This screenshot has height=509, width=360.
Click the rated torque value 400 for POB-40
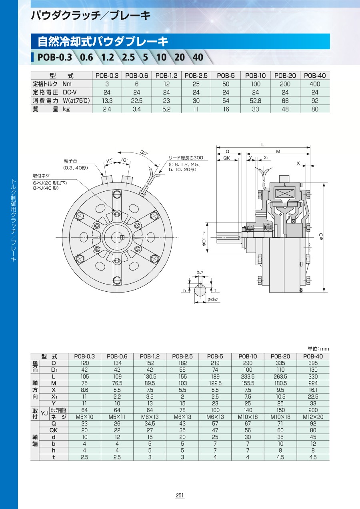click(315, 84)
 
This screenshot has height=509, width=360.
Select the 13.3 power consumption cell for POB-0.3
click(107, 101)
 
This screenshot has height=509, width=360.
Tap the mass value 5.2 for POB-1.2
click(166, 109)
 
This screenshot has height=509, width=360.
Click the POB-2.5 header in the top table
click(196, 76)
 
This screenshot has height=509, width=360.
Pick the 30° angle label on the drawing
click(144, 152)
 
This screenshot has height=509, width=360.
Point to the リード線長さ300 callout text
click(186, 158)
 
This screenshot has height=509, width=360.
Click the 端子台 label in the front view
click(71, 161)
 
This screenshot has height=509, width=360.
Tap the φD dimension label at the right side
click(321, 236)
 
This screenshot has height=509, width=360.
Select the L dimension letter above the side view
click(263, 144)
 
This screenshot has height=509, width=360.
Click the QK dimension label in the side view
click(226, 158)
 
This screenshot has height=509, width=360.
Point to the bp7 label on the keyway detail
click(200, 272)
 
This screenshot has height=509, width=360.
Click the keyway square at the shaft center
click(122, 237)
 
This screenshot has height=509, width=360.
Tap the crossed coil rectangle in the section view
click(284, 194)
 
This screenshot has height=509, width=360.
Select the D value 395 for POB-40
click(313, 363)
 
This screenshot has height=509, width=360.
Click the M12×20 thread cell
click(313, 417)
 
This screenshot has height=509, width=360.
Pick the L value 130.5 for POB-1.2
click(150, 377)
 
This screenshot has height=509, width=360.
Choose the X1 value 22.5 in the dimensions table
click(313, 397)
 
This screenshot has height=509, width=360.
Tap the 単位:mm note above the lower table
click(318, 349)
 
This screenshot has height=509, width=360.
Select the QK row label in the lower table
click(54, 431)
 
